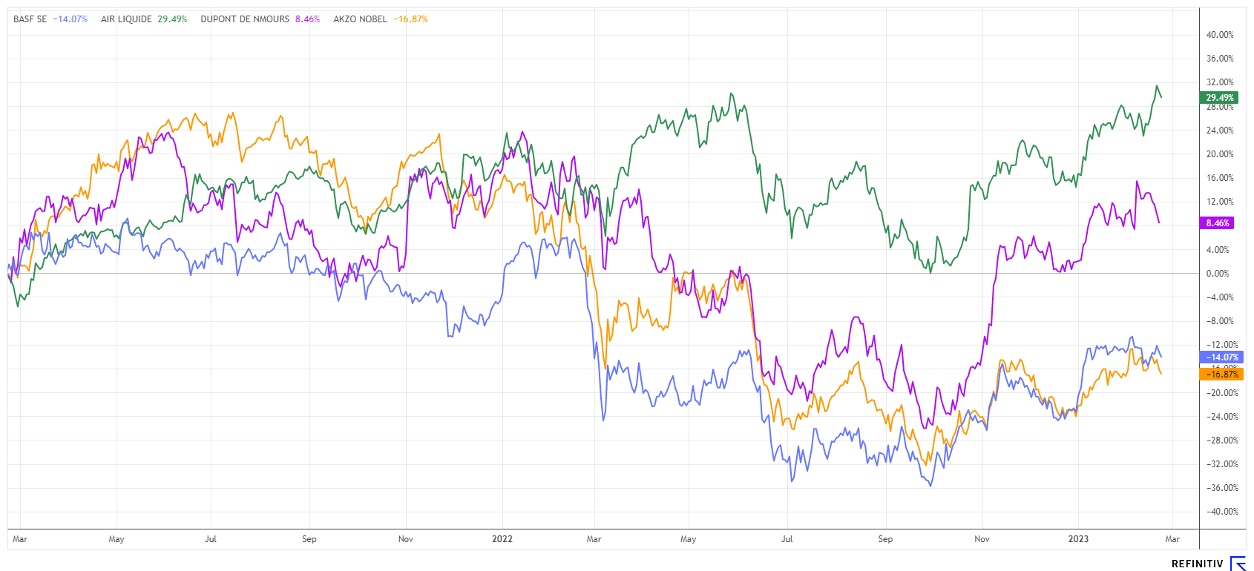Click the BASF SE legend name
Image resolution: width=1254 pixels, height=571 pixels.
tap(30, 19)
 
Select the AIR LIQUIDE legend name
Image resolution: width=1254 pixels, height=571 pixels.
tap(126, 19)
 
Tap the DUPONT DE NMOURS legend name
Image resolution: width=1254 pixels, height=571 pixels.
tap(245, 19)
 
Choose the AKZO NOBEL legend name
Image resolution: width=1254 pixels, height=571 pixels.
tap(360, 19)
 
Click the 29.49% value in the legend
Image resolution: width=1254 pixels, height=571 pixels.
tap(172, 19)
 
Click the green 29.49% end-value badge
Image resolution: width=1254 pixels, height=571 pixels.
tap(1219, 98)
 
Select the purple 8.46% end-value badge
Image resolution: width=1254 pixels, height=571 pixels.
tap(1218, 223)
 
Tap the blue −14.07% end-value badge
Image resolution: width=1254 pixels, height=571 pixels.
tap(1219, 357)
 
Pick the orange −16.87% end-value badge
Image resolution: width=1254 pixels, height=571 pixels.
tap(1219, 374)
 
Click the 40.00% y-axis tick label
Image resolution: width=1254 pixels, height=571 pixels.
tap(1220, 35)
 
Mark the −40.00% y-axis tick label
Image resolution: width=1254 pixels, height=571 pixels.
tap(1220, 512)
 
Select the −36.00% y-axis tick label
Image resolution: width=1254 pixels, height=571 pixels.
tap(1220, 488)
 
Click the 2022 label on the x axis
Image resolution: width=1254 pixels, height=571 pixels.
tap(502, 539)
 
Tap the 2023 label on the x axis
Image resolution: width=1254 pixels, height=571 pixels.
tap(1078, 539)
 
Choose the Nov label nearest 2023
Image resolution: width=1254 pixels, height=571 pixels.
tap(982, 539)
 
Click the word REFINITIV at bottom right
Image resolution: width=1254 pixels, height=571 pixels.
tap(1197, 564)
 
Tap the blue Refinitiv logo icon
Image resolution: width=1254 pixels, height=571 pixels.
tap(1238, 564)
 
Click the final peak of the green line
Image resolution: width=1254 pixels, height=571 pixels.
tap(1157, 86)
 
